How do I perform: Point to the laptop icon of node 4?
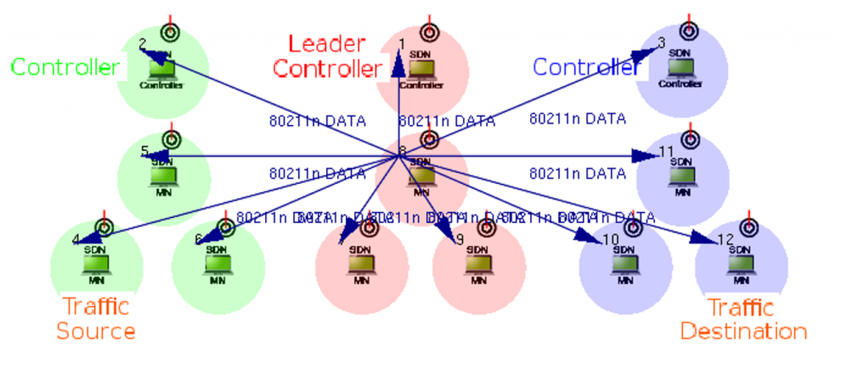pos(96,264)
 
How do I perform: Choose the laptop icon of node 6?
pos(217,264)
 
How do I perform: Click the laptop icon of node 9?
pos(478,264)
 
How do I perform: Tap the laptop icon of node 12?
pos(740,264)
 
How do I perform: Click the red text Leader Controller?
pos(328,56)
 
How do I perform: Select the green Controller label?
pos(65,67)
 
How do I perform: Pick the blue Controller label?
pos(586,67)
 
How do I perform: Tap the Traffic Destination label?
pos(743,319)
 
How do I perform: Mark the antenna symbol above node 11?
pos(690,138)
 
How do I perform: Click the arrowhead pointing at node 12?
pos(706,239)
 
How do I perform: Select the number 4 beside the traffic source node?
pos(76,240)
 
